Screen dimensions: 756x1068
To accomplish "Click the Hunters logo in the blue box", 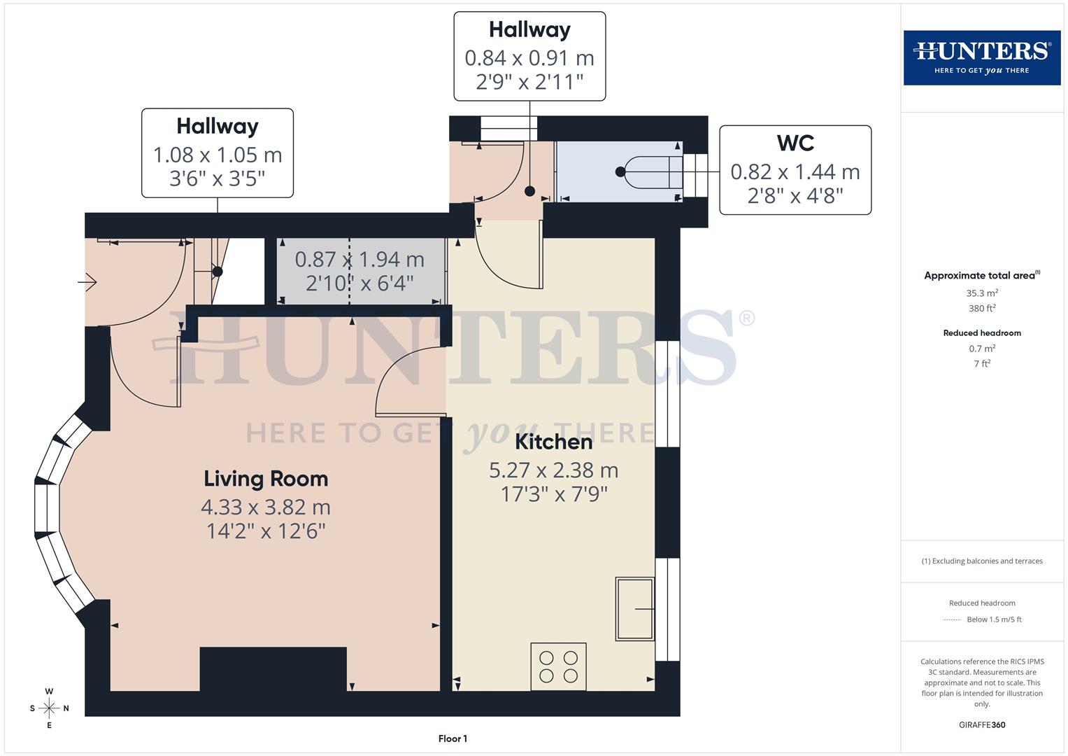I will coord(981,57).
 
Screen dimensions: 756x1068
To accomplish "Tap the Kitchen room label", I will coord(553,442).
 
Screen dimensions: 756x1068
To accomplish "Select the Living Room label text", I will coord(266,479).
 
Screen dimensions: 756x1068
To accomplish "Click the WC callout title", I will coord(795,143).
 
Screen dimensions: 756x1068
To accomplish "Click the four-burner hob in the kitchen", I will coord(558,666).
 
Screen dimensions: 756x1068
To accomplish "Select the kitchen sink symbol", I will coord(634,608).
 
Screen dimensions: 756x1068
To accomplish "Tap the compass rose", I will coord(49,708).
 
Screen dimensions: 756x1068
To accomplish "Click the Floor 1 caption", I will coord(453,738).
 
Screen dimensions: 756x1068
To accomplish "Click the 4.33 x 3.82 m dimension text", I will coord(266,507).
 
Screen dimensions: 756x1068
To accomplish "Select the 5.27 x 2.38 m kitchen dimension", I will coord(553,470).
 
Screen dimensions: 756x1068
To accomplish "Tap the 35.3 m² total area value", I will coord(982,293).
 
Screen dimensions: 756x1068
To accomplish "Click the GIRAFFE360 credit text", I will coord(982,724).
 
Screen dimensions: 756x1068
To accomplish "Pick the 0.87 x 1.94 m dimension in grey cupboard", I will coord(359,260).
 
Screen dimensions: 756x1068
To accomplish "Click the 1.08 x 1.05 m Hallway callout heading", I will coord(218,126).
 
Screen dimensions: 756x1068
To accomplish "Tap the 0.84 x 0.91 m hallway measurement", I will coord(529,58).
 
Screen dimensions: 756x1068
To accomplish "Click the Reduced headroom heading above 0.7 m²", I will coord(982,333).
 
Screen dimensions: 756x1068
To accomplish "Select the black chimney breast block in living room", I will coord(273,668).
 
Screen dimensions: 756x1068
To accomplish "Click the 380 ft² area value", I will coord(982,308).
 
